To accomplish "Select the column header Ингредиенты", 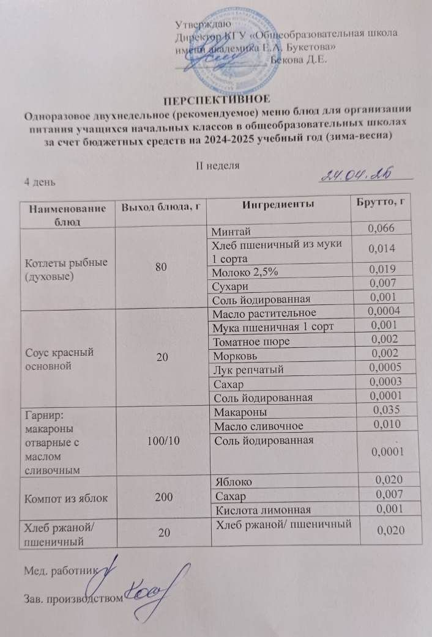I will click(278, 204).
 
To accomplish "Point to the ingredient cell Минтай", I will click(231, 230).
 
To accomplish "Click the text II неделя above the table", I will click(216, 166).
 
